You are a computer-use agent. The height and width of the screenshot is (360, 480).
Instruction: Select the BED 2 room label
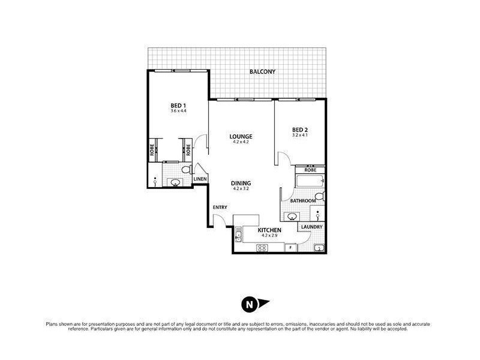tap(299, 129)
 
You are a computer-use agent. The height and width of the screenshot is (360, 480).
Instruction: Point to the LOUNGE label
tap(241, 136)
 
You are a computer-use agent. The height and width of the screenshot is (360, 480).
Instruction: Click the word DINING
tap(241, 183)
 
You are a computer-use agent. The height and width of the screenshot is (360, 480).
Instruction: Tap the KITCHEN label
tap(269, 230)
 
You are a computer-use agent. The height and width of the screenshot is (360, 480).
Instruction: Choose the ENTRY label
tap(220, 208)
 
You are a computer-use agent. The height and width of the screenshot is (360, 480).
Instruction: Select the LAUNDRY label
tap(313, 227)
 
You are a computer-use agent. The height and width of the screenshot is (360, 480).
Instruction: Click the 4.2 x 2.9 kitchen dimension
tap(269, 236)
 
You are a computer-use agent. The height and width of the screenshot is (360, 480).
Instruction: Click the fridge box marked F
tap(290, 247)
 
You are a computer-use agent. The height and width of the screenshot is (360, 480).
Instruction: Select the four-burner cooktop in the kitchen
tap(262, 247)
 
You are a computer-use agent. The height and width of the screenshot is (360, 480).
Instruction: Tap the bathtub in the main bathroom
tap(308, 181)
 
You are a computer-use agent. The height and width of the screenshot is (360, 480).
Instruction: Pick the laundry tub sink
tap(319, 247)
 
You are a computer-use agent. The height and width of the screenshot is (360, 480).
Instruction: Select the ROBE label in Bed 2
tap(310, 170)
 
